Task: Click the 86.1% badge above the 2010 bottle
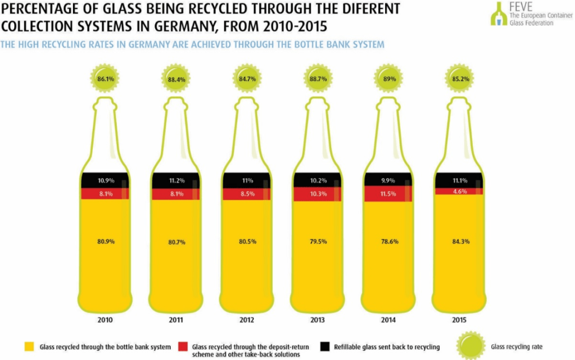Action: pyautogui.click(x=105, y=79)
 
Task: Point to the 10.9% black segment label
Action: pyautogui.click(x=105, y=181)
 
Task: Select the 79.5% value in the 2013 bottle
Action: pyautogui.click(x=318, y=241)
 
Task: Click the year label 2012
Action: pyautogui.click(x=247, y=320)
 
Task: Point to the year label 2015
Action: pyautogui.click(x=460, y=320)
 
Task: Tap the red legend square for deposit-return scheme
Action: pyautogui.click(x=182, y=347)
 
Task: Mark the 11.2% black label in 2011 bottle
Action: pyautogui.click(x=176, y=181)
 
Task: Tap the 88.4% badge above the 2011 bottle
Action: pyautogui.click(x=176, y=79)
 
